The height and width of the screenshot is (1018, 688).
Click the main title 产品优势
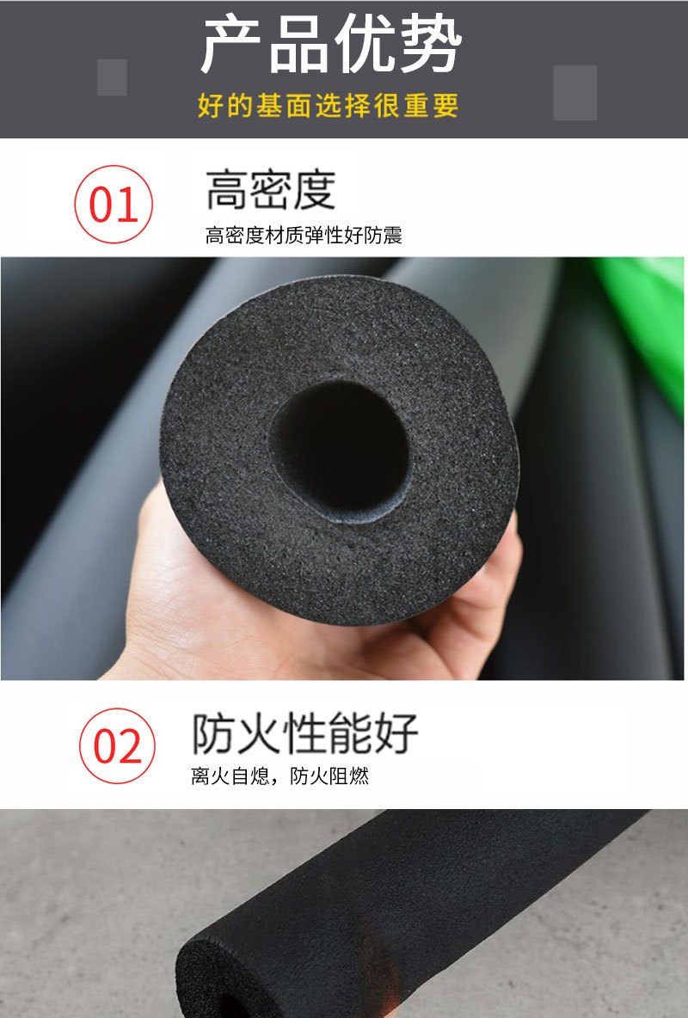point(331,45)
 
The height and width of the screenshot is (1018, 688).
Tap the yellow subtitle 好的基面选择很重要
point(328,107)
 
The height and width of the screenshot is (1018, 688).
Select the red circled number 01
point(114,205)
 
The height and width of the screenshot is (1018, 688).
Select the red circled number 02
point(118,746)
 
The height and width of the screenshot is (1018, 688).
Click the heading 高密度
point(270,190)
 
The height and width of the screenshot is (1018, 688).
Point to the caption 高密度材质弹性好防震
point(304,235)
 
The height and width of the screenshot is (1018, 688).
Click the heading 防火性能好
point(304,733)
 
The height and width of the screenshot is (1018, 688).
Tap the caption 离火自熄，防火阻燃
point(279,776)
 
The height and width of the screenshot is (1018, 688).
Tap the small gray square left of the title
point(112,77)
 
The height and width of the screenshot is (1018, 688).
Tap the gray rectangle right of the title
point(574,92)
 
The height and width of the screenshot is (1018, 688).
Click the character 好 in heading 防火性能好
point(396,733)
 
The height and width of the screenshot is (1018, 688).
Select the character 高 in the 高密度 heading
point(227,190)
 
